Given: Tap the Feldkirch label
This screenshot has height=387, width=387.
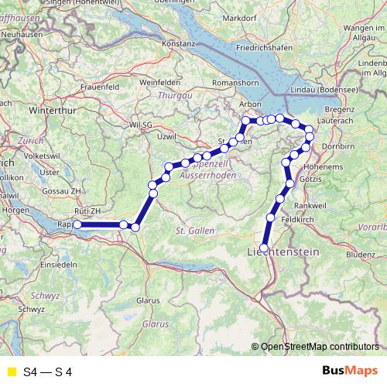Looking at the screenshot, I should tap(296, 221).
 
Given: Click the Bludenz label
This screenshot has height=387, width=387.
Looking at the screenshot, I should tap(360, 253).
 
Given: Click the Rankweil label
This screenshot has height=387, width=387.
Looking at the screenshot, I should tap(310, 205).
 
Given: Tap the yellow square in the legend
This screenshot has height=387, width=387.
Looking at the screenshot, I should tap(10, 372).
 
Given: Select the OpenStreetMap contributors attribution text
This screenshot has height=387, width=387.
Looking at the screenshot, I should tap(320, 347).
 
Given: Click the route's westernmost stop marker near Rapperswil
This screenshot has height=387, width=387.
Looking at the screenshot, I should tap(77, 224).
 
